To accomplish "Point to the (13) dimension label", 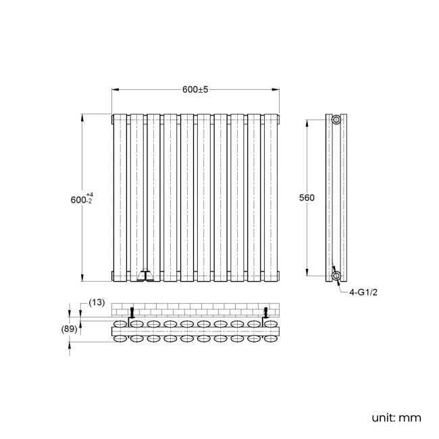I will click(97, 302).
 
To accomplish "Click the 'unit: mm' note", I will click(396, 417).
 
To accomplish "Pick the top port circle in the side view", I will click(336, 120).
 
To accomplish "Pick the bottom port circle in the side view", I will click(336, 275).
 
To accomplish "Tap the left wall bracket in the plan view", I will click(132, 313).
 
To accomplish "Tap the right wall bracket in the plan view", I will click(266, 313).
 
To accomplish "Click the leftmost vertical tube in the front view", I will click(120, 196).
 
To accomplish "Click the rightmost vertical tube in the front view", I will click(272, 196).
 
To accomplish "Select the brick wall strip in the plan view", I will click(196, 309).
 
